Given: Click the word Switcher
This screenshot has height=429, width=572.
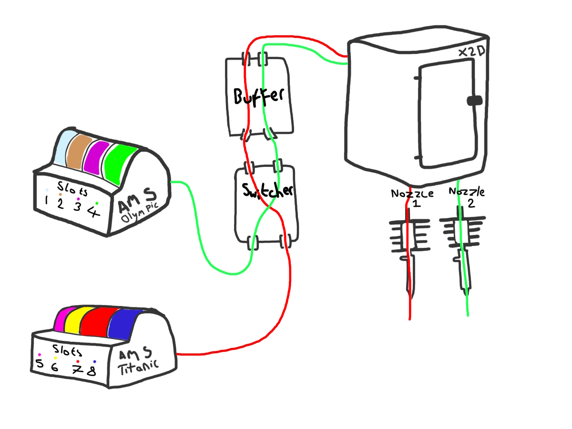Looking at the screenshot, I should point(267,191).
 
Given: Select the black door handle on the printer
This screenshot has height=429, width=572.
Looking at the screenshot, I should point(474,101).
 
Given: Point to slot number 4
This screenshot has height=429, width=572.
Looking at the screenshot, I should point(94,210).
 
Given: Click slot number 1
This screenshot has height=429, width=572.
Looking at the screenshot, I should point(46,201).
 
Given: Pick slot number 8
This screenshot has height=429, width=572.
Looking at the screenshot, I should point(91,370).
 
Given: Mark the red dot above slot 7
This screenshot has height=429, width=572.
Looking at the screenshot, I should point(78,362).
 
